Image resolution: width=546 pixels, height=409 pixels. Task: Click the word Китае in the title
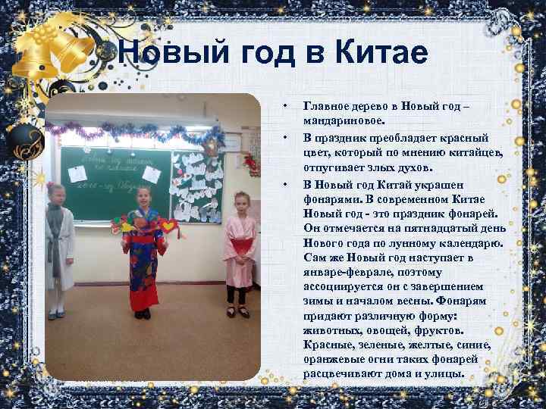[380, 54]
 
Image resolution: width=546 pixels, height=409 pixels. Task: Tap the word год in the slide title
[263, 54]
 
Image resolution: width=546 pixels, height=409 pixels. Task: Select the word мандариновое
[344, 119]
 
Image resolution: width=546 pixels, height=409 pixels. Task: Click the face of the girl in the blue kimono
[143, 199]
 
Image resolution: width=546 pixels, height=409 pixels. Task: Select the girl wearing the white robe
[59, 242]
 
